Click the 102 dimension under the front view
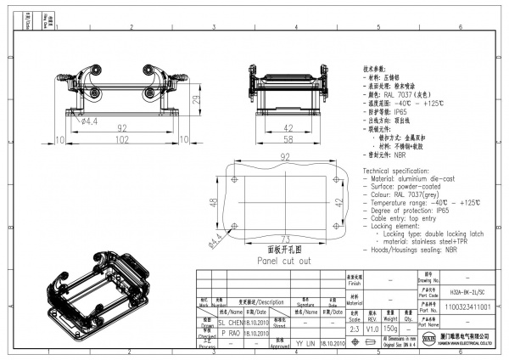pyautogui.click(x=122, y=138)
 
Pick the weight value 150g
pyautogui.click(x=391, y=328)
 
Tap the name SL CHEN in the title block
pyautogui.click(x=230, y=323)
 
